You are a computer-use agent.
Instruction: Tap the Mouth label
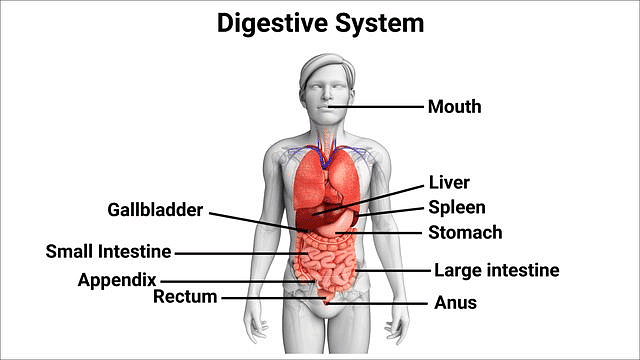tap(455, 106)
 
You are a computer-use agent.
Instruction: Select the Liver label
tap(449, 183)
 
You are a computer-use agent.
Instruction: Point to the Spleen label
tap(457, 208)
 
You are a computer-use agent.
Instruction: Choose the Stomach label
tap(465, 233)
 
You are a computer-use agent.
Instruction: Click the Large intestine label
tap(496, 270)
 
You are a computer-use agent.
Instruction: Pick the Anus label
tap(455, 302)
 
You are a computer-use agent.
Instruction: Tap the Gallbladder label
tap(155, 210)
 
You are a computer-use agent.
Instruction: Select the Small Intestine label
tap(108, 252)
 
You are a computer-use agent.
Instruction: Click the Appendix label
tap(118, 280)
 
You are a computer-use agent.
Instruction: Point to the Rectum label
tap(186, 297)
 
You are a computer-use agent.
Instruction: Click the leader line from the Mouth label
tap(380, 107)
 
